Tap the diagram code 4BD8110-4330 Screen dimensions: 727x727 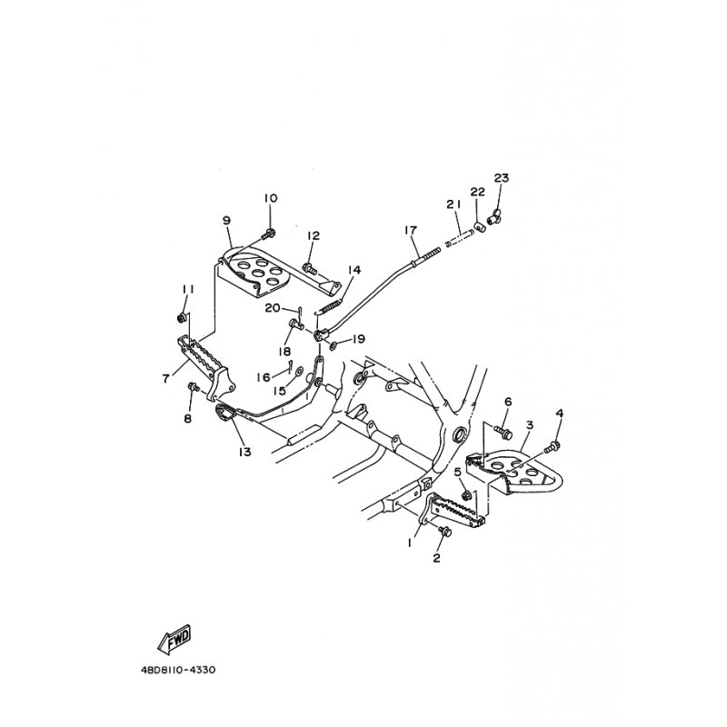178,670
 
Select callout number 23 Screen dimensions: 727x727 502,178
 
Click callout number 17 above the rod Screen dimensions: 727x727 411,230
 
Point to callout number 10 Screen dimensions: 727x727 271,198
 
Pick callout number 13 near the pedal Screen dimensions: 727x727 244,451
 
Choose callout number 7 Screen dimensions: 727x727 165,379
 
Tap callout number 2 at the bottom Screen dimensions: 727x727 436,558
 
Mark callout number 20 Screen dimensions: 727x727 273,308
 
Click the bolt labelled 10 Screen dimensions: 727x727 268,234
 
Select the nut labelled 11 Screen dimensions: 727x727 183,318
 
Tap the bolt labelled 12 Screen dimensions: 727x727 309,267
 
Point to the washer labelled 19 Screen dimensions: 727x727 334,344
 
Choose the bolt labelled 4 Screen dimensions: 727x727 553,447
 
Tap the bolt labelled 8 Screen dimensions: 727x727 193,386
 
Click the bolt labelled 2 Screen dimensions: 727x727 445,532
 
